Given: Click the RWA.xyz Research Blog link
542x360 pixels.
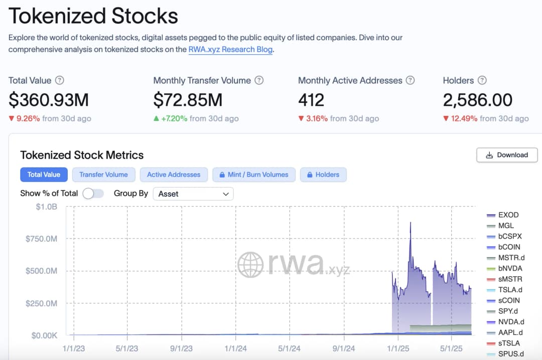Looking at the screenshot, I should point(230,49).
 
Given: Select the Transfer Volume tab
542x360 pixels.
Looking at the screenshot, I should point(103,175).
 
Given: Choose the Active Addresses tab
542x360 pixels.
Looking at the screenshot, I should point(174,175).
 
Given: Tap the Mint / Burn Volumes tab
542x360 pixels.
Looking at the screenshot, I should point(254,175).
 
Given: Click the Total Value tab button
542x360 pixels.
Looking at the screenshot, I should point(44,175).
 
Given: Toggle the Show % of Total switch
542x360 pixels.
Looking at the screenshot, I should point(93,193).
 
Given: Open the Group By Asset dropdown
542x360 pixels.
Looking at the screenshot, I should point(193,194).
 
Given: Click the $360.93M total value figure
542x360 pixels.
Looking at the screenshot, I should point(49,100).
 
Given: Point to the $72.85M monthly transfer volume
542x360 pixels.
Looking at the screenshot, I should point(188,100).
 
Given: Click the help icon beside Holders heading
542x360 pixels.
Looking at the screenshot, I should point(482,80).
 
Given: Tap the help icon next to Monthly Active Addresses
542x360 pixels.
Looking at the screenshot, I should point(410,80).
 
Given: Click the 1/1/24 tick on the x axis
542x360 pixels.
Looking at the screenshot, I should point(235,348).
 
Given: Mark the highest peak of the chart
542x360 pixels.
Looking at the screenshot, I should point(411,222).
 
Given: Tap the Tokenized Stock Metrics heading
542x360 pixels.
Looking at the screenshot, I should point(82,155).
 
